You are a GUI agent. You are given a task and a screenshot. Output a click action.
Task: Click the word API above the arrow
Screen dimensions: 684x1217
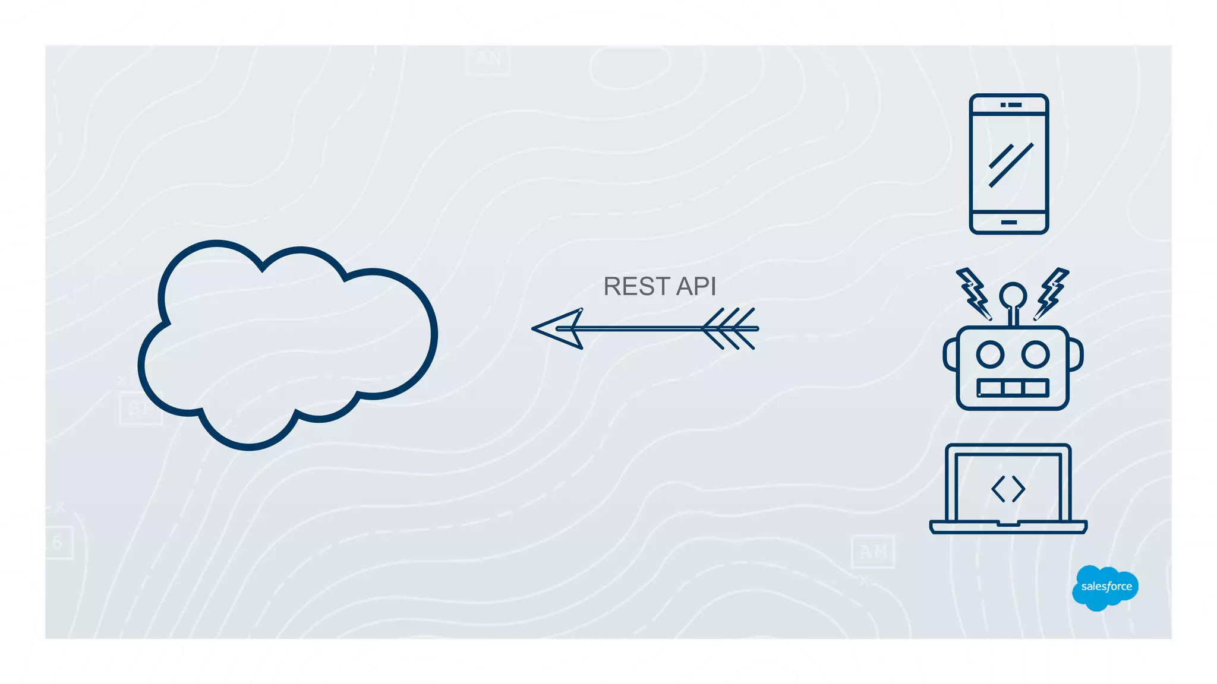point(696,287)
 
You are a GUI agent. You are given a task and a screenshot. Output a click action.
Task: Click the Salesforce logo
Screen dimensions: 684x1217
point(1105,587)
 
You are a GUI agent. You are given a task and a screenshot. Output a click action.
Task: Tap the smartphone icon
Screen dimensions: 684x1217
point(1008,164)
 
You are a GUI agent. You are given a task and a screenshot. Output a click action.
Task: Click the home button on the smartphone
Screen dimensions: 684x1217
point(1008,223)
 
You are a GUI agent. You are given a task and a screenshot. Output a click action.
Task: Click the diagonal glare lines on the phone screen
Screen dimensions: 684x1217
point(1010,164)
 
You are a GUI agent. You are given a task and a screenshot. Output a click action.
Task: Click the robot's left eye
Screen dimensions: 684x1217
point(990,354)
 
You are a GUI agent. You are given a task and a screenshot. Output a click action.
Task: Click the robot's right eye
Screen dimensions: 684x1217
point(1035,354)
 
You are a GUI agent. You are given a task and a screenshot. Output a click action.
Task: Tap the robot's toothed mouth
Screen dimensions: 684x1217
point(1013,388)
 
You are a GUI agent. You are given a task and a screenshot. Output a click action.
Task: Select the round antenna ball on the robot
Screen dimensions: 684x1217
point(1013,295)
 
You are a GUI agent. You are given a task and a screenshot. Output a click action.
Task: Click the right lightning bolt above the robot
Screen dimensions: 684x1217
point(1052,293)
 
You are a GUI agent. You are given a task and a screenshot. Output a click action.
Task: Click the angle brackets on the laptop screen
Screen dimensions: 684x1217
point(1008,489)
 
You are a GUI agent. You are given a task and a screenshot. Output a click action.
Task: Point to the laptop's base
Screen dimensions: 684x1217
point(1008,527)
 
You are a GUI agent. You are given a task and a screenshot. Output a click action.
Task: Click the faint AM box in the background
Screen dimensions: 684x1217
point(872,552)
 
